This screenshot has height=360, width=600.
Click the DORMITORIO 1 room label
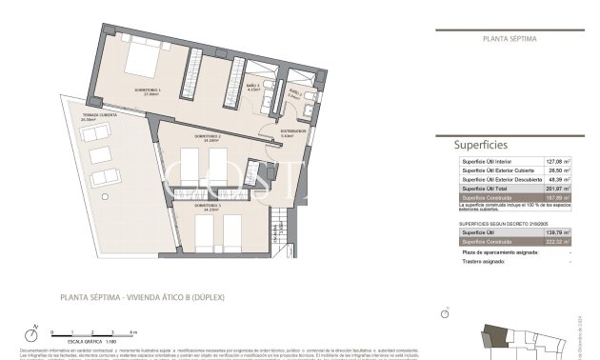click(x=149, y=91)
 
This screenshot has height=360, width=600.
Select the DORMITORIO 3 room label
click(x=209, y=206)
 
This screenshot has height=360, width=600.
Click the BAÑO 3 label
click(x=252, y=87)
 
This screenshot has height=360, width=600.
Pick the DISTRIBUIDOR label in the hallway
click(x=293, y=132)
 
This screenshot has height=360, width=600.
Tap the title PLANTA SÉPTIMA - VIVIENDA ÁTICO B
click(x=139, y=296)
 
